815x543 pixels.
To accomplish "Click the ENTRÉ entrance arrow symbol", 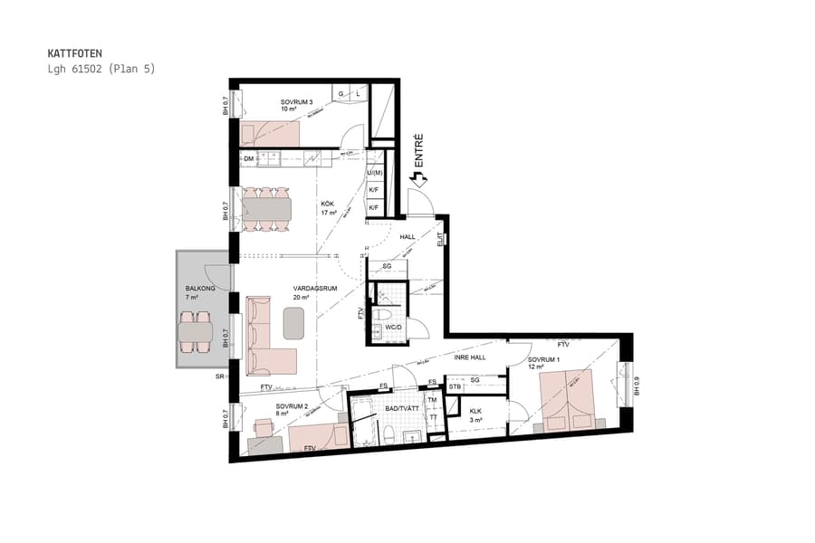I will point(418,180).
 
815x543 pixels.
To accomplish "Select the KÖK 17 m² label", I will point(330,209).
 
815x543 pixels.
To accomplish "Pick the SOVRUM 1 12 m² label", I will point(545,364).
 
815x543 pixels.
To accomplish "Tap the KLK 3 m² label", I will point(476,415).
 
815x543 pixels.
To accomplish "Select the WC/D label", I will point(392,327).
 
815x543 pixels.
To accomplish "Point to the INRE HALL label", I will point(471,357).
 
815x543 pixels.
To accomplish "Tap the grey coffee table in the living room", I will point(294,322).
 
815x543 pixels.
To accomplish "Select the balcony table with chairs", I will point(196,332).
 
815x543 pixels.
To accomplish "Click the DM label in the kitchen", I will point(249,159).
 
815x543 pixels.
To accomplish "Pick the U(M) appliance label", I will point(374,172).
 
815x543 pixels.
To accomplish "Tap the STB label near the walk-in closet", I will point(455,387).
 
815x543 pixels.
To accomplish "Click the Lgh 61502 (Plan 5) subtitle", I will point(101,69).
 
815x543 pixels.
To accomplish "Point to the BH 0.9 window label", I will point(637,385).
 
